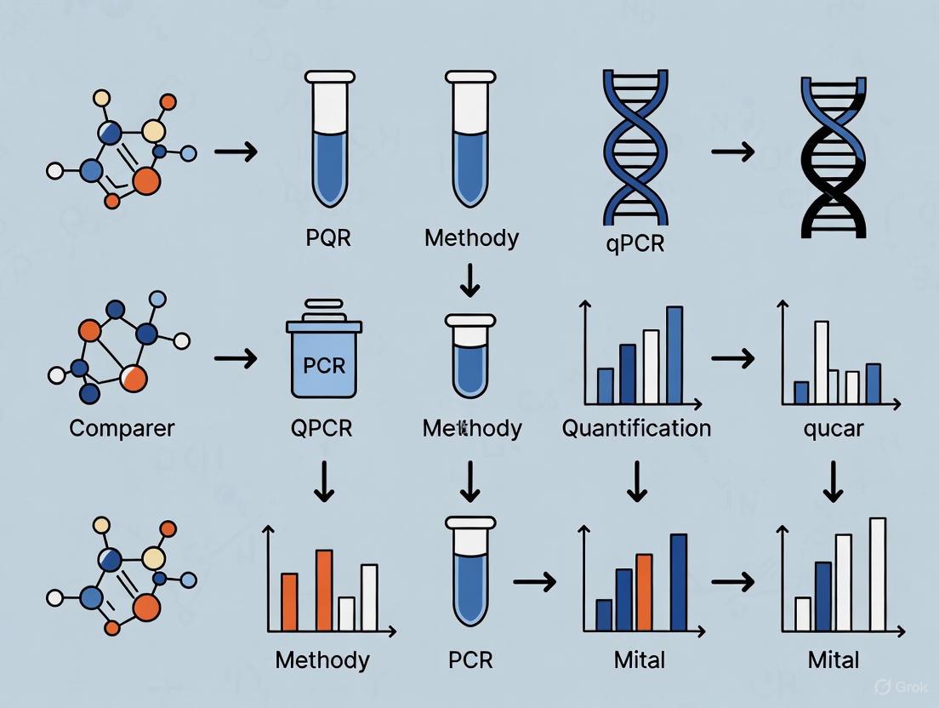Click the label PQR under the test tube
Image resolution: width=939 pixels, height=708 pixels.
[x=327, y=237]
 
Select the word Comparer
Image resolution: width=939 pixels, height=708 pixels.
[x=122, y=427]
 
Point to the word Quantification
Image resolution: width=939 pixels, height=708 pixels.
[x=636, y=427]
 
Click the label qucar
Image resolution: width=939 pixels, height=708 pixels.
[x=833, y=427]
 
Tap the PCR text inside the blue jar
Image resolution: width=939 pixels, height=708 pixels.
[x=324, y=366]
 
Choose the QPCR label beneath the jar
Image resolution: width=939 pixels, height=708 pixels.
[x=322, y=427]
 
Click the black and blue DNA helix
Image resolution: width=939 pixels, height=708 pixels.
[x=834, y=157]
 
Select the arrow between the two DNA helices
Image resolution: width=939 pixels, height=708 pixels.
[x=732, y=152]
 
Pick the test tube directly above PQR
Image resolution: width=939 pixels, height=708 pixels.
[x=327, y=140]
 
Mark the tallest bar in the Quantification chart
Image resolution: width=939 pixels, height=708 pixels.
[x=674, y=354]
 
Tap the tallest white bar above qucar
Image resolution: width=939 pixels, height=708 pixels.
[x=822, y=362]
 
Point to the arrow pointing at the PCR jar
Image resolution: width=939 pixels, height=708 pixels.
[x=235, y=359]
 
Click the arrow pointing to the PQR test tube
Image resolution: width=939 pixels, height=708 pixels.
[x=235, y=152]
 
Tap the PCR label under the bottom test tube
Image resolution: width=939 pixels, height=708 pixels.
[x=470, y=659]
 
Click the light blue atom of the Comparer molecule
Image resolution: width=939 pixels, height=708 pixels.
[x=157, y=300]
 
